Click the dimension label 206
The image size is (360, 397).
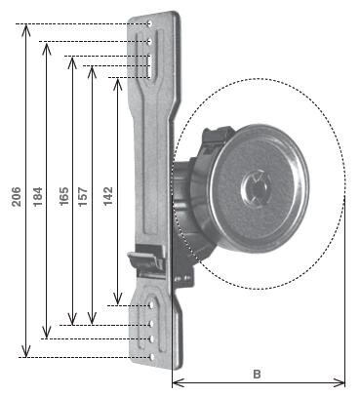(x=17, y=197)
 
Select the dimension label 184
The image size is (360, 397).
(x=37, y=196)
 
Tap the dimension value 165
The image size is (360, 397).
(x=64, y=196)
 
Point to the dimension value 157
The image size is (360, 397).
(x=83, y=196)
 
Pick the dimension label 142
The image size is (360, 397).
(x=108, y=196)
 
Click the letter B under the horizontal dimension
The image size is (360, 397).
(x=257, y=374)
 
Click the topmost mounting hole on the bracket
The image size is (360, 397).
(x=150, y=23)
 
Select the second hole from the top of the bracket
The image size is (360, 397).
(x=150, y=41)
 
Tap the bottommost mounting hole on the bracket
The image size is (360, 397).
(x=151, y=357)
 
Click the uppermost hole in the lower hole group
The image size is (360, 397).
(x=151, y=305)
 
